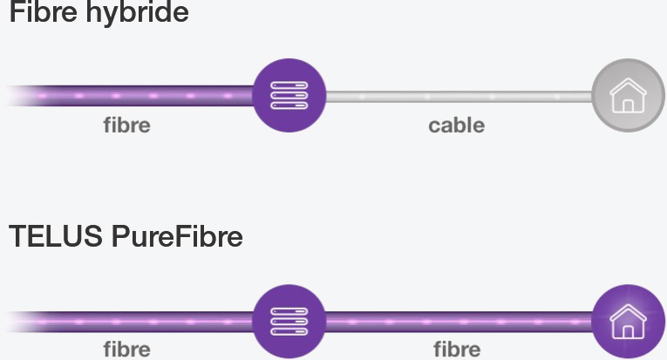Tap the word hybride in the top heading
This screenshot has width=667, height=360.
coord(138,13)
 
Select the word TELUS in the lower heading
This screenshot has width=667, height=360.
coord(56,236)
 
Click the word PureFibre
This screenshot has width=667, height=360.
coord(177,236)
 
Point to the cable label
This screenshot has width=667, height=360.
coord(456,126)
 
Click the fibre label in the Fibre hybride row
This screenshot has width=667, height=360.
coord(126,126)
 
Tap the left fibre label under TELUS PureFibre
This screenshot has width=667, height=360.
coord(126,350)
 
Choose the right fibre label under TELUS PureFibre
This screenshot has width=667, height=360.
coord(457,350)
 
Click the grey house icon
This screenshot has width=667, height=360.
coord(629,95)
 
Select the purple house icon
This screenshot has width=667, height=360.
coord(629,322)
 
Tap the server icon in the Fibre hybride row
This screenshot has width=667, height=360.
coord(289,95)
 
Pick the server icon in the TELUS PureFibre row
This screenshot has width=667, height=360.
coord(289,322)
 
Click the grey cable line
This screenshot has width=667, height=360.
coord(459,97)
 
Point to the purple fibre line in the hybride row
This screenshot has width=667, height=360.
coord(131,96)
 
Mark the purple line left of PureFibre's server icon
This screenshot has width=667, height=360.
coord(131,322)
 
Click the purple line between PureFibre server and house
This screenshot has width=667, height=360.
coord(459,322)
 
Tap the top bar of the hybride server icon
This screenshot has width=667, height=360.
coord(289,85)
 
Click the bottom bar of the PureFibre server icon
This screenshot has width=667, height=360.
coord(289,331)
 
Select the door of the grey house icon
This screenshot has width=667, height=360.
coord(628,105)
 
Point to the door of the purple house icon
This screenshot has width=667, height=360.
coord(628,331)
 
